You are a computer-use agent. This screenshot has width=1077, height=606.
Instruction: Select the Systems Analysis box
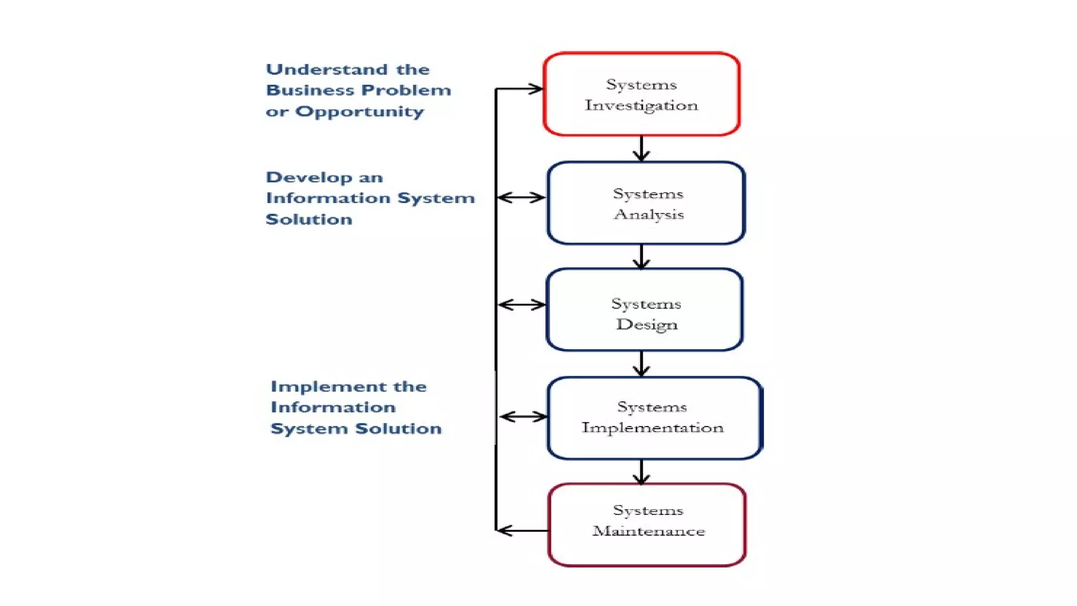(646, 203)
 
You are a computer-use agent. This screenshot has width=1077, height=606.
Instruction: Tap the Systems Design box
(645, 310)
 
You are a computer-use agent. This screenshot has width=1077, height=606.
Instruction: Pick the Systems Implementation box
(654, 418)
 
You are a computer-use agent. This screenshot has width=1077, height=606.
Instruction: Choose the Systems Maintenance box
(647, 525)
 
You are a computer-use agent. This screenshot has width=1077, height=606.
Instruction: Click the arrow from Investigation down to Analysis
(641, 148)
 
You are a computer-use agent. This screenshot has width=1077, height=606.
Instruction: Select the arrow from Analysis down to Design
(641, 256)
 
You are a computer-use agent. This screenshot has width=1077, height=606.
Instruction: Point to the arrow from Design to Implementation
(641, 363)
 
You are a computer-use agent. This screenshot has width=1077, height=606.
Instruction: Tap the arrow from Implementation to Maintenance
(641, 472)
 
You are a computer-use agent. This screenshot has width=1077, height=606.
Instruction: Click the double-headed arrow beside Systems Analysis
(521, 198)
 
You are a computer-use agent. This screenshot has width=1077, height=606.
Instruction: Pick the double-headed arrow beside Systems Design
(522, 305)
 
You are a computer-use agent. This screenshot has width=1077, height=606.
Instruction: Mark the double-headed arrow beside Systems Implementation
(523, 417)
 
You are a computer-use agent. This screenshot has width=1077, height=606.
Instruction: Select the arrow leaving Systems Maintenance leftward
(522, 530)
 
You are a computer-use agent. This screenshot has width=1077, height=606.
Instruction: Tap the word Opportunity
(359, 112)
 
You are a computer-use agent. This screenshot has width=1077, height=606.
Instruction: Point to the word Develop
(309, 178)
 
